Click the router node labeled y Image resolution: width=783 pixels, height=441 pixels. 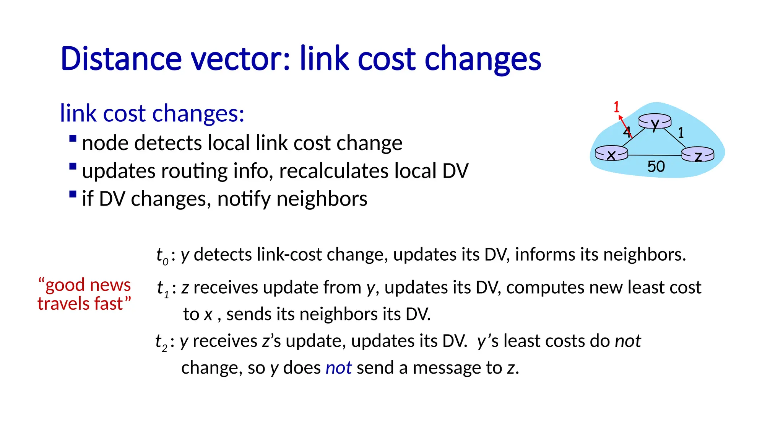click(x=655, y=122)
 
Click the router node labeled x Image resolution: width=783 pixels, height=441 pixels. click(x=611, y=154)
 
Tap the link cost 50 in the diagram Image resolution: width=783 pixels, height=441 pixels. click(x=656, y=167)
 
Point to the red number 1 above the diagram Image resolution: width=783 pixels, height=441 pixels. click(x=616, y=107)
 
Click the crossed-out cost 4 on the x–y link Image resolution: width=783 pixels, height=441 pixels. click(x=627, y=131)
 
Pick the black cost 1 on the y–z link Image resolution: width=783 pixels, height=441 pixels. click(x=681, y=132)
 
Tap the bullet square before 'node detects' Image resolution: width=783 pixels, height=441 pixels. click(x=73, y=138)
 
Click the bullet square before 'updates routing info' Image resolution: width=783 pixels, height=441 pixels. click(x=73, y=167)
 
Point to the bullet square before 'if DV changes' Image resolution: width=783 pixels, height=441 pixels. click(x=73, y=194)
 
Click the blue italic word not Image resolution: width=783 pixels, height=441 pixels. click(x=338, y=368)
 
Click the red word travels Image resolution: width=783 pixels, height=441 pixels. click(x=61, y=304)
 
